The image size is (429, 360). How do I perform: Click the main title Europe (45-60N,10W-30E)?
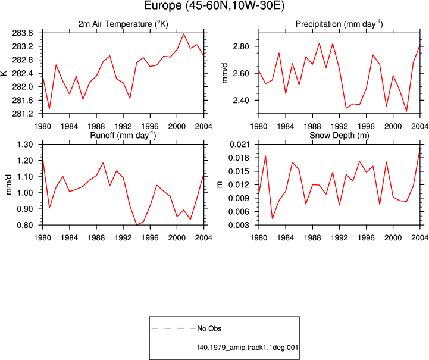[214, 5]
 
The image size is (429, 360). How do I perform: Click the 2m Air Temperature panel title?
[123, 24]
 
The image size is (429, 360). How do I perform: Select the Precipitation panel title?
[339, 24]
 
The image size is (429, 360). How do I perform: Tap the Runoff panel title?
[123, 136]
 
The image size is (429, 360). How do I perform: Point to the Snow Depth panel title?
[339, 136]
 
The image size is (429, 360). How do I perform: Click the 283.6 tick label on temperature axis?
[23, 33]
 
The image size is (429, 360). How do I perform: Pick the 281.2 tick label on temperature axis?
[23, 114]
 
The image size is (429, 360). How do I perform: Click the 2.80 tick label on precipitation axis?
[241, 46]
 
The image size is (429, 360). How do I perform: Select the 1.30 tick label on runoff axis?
[25, 145]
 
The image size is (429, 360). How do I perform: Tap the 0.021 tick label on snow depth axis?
[239, 145]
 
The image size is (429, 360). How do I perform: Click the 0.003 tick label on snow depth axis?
[239, 225]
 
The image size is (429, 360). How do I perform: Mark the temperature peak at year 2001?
[184, 34]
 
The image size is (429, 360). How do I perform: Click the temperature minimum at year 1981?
[49, 109]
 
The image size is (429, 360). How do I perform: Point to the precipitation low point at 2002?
[406, 111]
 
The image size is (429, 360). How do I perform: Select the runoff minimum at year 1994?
[136, 225]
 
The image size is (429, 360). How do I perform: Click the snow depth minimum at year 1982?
[273, 218]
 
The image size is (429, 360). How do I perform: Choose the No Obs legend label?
[209, 328]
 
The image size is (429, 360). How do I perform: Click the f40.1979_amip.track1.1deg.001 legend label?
[248, 348]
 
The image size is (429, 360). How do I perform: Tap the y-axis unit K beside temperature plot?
[4, 73]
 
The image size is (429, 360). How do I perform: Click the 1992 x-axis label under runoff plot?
[123, 238]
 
